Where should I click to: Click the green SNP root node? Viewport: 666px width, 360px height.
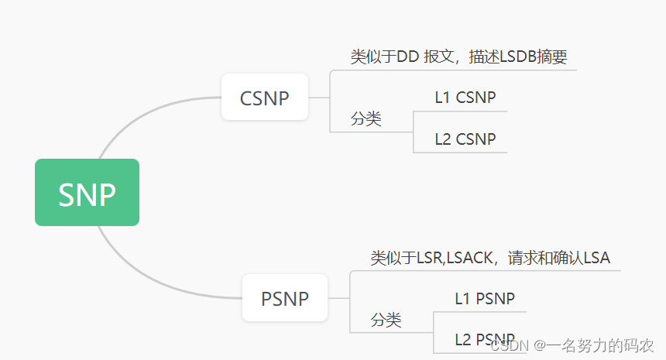click(87, 193)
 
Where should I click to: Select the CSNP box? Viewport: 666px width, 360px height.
click(265, 98)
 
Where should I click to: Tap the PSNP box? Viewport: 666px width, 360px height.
click(285, 298)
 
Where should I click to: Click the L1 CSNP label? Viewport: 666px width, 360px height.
click(465, 98)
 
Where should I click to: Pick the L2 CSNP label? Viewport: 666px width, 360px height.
click(465, 139)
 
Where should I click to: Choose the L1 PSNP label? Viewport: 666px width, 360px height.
click(485, 298)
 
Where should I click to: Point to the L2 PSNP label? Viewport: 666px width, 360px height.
click(485, 339)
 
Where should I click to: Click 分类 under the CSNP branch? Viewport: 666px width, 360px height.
click(366, 119)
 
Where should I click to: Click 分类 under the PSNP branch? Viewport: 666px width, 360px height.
click(386, 320)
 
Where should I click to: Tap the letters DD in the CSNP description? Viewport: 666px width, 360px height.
click(407, 57)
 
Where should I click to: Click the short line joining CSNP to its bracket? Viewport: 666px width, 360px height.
click(319, 98)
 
